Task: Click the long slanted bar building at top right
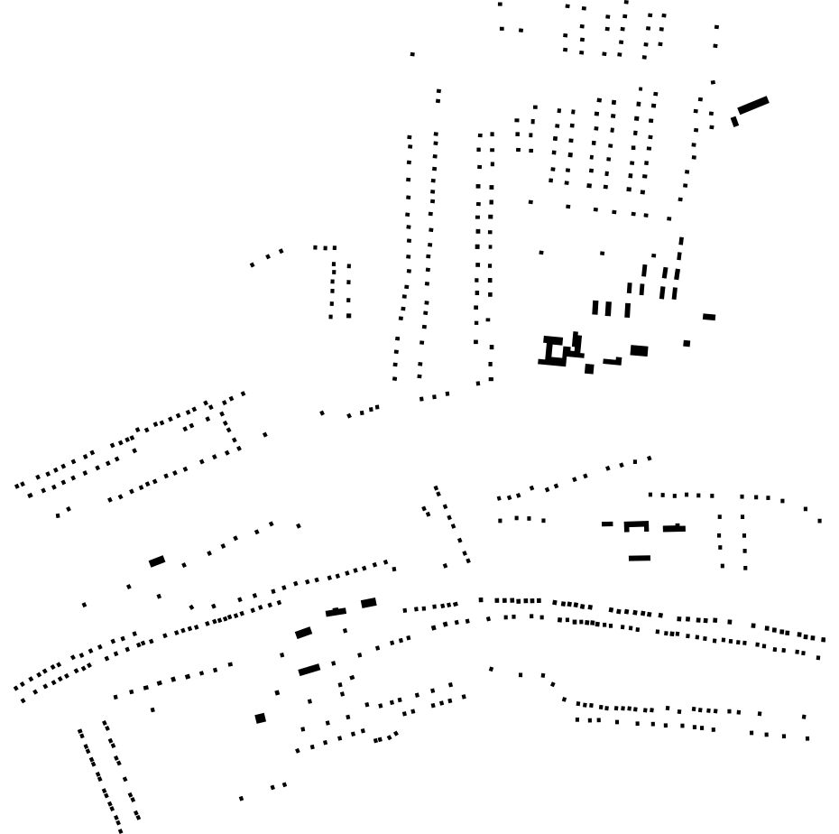[x=753, y=106]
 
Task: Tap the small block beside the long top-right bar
[x=734, y=122]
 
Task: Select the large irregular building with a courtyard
[x=557, y=350]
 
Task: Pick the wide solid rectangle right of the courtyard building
[x=639, y=350]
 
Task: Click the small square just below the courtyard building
[x=589, y=368]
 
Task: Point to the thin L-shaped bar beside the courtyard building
[x=613, y=362]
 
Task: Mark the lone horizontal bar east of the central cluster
[x=709, y=317]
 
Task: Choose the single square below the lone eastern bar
[x=687, y=343]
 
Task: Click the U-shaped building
[x=636, y=526]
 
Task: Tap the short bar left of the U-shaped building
[x=607, y=524]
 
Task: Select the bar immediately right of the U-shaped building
[x=674, y=528]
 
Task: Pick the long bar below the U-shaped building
[x=640, y=559]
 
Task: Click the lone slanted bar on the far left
[x=157, y=561]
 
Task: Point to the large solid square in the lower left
[x=261, y=718]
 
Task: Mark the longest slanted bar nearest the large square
[x=309, y=670]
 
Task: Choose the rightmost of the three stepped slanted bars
[x=368, y=603]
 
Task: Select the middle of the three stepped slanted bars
[x=336, y=612]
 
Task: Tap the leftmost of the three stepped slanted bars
[x=303, y=633]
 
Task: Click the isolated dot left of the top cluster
[x=412, y=54]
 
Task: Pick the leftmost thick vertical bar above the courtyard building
[x=595, y=308]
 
